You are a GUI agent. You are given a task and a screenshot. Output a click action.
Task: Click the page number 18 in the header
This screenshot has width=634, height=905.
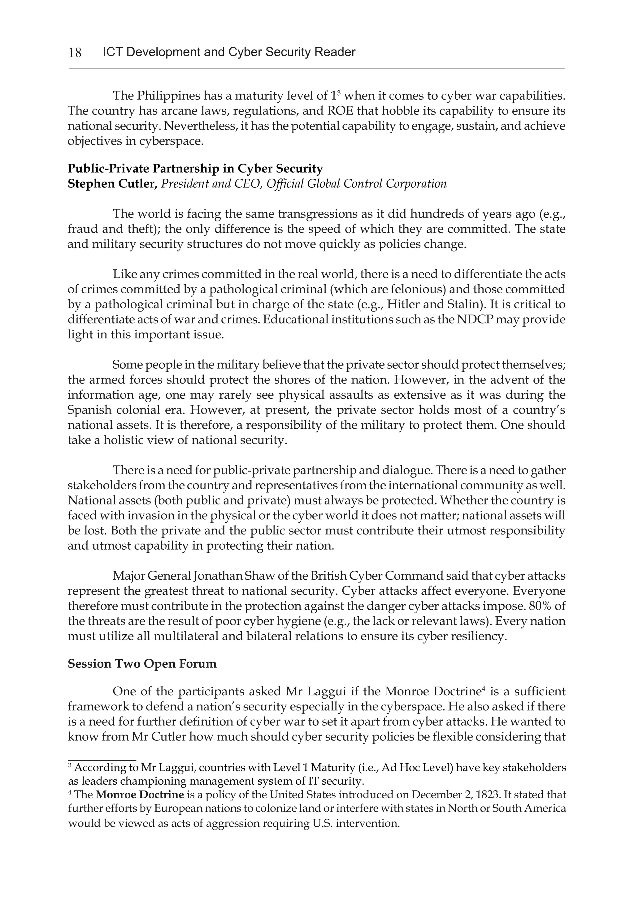(x=75, y=52)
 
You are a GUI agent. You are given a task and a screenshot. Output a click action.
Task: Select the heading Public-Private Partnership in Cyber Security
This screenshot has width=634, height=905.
(x=195, y=169)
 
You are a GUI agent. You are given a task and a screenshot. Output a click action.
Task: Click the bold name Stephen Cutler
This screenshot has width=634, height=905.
(x=112, y=184)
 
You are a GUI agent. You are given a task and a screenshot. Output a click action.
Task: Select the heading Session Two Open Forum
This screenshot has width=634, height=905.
(x=142, y=664)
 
